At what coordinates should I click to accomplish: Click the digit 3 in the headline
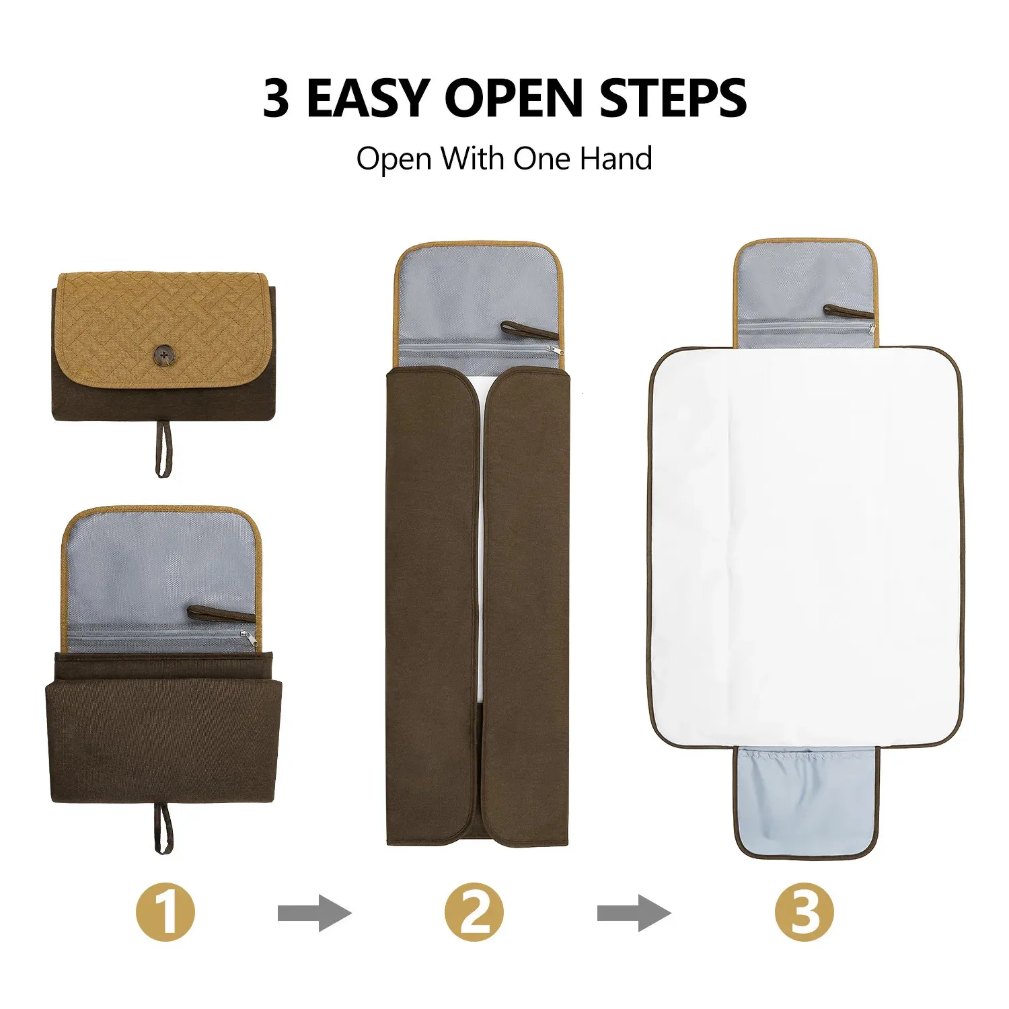coord(276,99)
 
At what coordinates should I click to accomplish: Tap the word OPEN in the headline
coord(515,99)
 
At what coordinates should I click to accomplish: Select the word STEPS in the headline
coord(673,99)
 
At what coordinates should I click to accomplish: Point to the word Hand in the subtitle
coord(616,159)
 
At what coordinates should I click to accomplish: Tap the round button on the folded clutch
coord(163,354)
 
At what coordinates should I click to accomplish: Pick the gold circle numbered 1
coord(165,912)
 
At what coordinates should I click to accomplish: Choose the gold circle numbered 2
coord(474,912)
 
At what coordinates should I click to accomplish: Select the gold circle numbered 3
coord(804,912)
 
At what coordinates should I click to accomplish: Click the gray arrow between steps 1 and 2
coord(314,913)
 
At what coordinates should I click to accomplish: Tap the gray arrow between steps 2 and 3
coord(634,913)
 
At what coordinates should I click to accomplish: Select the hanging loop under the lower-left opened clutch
coord(163,827)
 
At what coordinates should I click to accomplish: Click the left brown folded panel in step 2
coord(432,605)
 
